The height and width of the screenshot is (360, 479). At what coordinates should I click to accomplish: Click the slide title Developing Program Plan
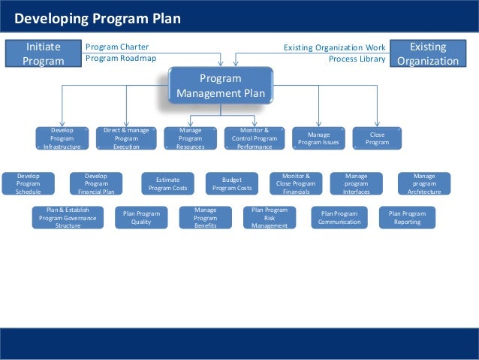pos(98,18)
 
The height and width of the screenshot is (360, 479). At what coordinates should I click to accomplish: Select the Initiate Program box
pos(44,53)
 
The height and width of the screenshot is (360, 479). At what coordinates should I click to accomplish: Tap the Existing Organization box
pos(428,53)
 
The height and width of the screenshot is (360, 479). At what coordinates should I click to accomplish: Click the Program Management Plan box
pos(221,86)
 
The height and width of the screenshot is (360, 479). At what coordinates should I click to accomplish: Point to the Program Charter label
pos(117,47)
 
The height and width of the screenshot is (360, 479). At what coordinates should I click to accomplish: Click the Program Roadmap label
pos(121,58)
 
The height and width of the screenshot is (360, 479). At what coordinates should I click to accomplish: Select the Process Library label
pos(357,59)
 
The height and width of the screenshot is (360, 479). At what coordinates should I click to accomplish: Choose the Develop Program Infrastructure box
pos(62,138)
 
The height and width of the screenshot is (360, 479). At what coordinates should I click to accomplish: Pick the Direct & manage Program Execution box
pos(126,138)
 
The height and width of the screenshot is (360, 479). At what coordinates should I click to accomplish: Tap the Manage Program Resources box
pos(190,138)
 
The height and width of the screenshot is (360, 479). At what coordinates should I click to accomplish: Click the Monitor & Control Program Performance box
pos(255,138)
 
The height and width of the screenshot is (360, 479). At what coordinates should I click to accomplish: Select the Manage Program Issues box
pos(318,138)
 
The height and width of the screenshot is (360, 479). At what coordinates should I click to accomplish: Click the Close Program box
pos(377,138)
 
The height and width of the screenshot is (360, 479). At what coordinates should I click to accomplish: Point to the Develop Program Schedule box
pos(28,183)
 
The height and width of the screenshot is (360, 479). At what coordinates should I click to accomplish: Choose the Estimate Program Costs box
pos(167,183)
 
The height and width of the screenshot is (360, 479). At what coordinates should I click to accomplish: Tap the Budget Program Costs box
pos(232,183)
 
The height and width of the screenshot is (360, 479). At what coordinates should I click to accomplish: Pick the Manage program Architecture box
pos(424,183)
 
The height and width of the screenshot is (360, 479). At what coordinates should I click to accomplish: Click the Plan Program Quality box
pos(141,217)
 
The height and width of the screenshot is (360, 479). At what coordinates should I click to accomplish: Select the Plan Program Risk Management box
pos(270,217)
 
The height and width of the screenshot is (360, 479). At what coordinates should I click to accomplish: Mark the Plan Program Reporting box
pos(407,217)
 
